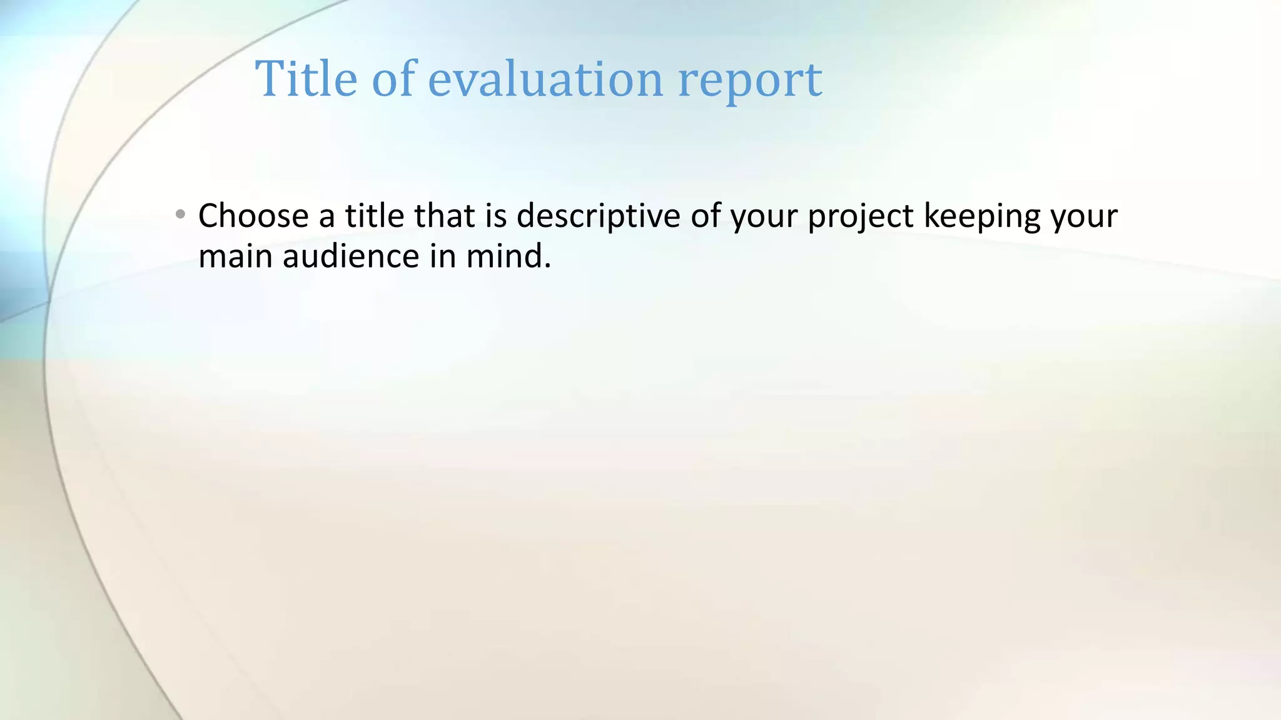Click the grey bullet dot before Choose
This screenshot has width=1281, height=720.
pos(181,215)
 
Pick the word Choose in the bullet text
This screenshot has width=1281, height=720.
pos(253,216)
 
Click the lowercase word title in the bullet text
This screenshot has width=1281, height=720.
pos(375,216)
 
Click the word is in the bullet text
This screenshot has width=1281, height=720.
pos(495,216)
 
